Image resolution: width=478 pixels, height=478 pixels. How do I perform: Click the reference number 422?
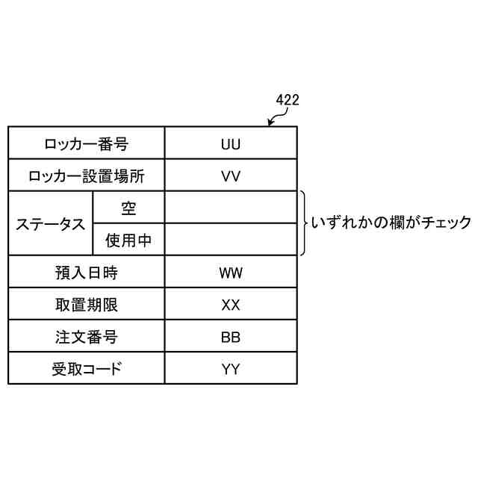(288, 99)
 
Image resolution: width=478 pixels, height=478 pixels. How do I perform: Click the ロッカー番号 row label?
(86, 143)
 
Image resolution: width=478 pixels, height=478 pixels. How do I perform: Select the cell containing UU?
(231, 143)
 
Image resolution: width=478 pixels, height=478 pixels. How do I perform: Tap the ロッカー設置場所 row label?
(86, 176)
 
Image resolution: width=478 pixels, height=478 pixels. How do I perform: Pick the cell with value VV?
(231, 176)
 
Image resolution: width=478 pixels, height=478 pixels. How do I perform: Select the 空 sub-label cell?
(128, 208)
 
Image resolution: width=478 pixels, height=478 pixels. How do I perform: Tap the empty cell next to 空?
(231, 208)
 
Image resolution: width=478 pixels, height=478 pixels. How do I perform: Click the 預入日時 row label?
(86, 273)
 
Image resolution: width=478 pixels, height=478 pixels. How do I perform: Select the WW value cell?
(231, 273)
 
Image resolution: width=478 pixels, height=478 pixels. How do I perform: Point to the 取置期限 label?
(86, 305)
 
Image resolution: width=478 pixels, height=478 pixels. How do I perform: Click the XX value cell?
(231, 305)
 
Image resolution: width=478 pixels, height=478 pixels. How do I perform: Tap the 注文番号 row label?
(86, 337)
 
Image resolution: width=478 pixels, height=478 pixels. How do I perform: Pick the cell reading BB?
(231, 337)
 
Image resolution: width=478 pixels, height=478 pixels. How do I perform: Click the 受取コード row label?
(86, 369)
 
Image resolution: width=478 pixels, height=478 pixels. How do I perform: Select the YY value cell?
(231, 369)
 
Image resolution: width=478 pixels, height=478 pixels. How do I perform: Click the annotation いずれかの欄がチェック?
(391, 223)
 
